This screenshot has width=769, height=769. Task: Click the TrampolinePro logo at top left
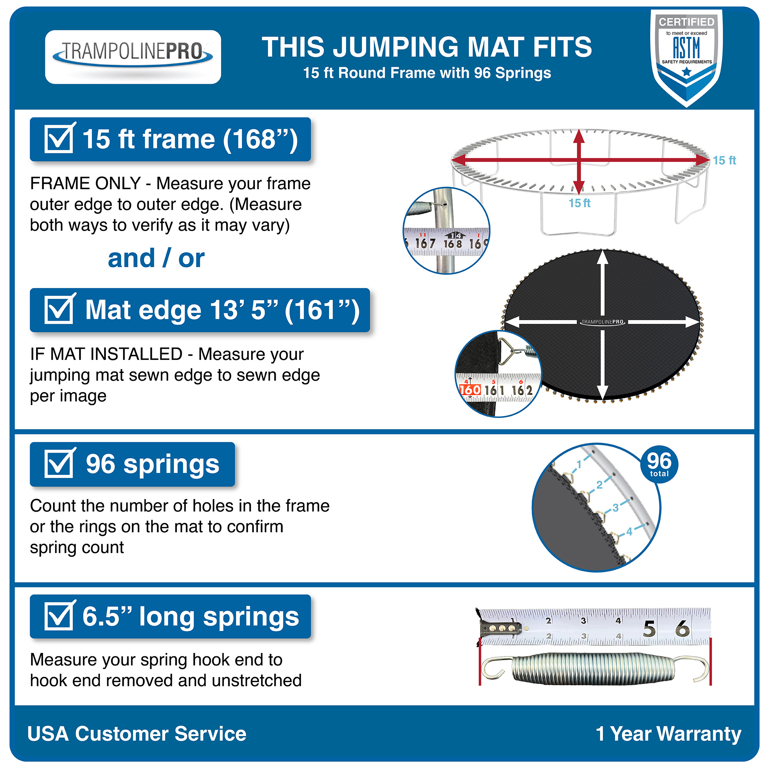[133, 57]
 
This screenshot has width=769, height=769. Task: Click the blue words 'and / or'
[156, 258]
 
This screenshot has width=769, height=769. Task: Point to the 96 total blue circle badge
[659, 464]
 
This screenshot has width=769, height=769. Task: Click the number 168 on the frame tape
[453, 243]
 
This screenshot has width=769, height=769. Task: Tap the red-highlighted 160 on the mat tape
[470, 389]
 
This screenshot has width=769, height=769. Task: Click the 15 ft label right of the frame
[724, 160]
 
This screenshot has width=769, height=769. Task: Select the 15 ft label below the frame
[579, 203]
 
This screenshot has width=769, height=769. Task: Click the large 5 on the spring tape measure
[649, 629]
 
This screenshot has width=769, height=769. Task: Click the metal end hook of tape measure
[500, 629]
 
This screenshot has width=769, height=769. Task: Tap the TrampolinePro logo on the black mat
[602, 321]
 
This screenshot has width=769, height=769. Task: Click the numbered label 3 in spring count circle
[615, 508]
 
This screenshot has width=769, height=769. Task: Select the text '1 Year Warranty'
[668, 734]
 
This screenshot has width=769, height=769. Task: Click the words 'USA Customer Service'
[136, 734]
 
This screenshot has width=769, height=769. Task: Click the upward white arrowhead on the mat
[602, 258]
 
